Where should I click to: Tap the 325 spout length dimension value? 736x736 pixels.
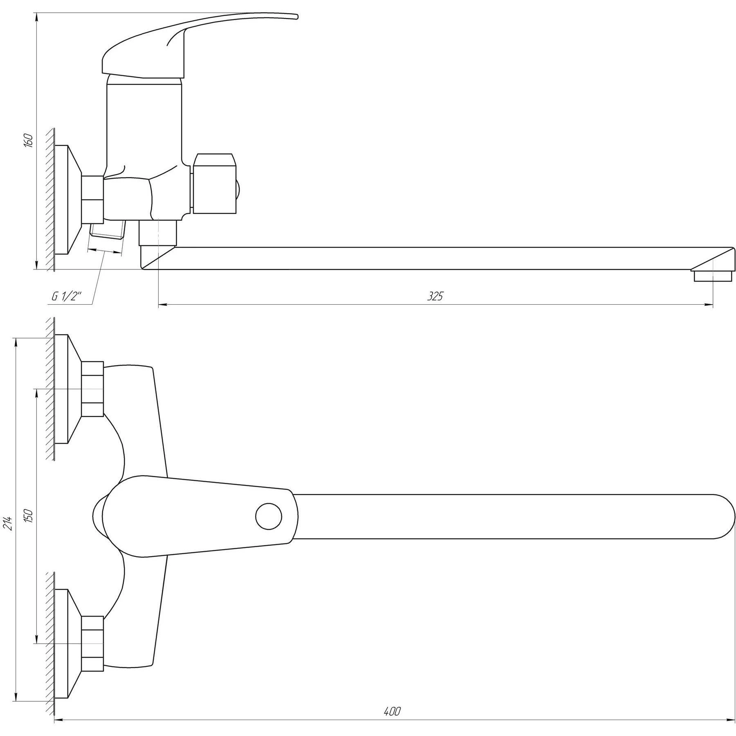pyautogui.click(x=435, y=296)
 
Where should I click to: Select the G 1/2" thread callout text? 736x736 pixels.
pyautogui.click(x=67, y=297)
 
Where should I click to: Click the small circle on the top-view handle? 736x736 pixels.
pyautogui.click(x=269, y=516)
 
